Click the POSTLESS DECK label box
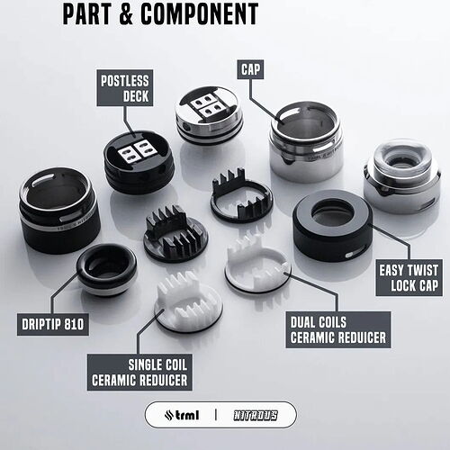click(x=125, y=88)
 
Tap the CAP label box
click(x=250, y=69)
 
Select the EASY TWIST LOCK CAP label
click(x=409, y=277)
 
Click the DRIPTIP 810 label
click(x=53, y=324)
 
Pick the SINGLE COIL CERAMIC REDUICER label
click(x=139, y=373)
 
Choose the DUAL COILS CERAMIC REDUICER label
click(x=338, y=329)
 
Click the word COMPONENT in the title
click(x=199, y=13)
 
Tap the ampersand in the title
click(x=126, y=13)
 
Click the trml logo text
click(x=182, y=415)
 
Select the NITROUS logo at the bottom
click(x=256, y=416)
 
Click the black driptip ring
click(x=106, y=269)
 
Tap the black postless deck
click(x=139, y=162)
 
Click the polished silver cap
click(x=306, y=142)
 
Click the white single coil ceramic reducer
click(x=188, y=302)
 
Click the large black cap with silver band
click(x=59, y=211)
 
